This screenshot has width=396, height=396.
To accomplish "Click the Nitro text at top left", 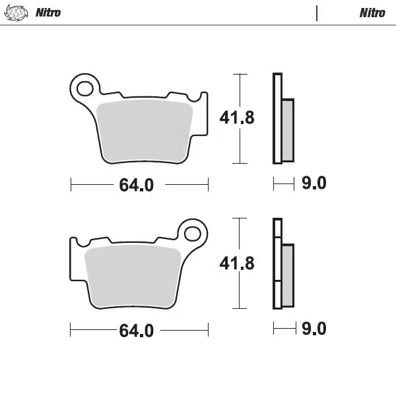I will pos(48,13).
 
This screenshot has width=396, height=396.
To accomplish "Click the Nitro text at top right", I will pos(372,13).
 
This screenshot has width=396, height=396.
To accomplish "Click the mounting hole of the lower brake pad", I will pos(193,232).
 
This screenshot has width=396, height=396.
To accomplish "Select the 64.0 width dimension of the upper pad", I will pos(137,185).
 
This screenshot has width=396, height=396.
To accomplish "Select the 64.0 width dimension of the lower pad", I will pos(137,330).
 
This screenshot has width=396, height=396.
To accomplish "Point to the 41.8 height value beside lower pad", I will pos(236,263).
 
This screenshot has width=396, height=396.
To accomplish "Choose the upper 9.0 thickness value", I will pos(313,183).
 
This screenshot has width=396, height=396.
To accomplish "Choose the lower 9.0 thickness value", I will pos(313,328).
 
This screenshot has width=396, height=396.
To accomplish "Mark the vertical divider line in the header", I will pos(317,13).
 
